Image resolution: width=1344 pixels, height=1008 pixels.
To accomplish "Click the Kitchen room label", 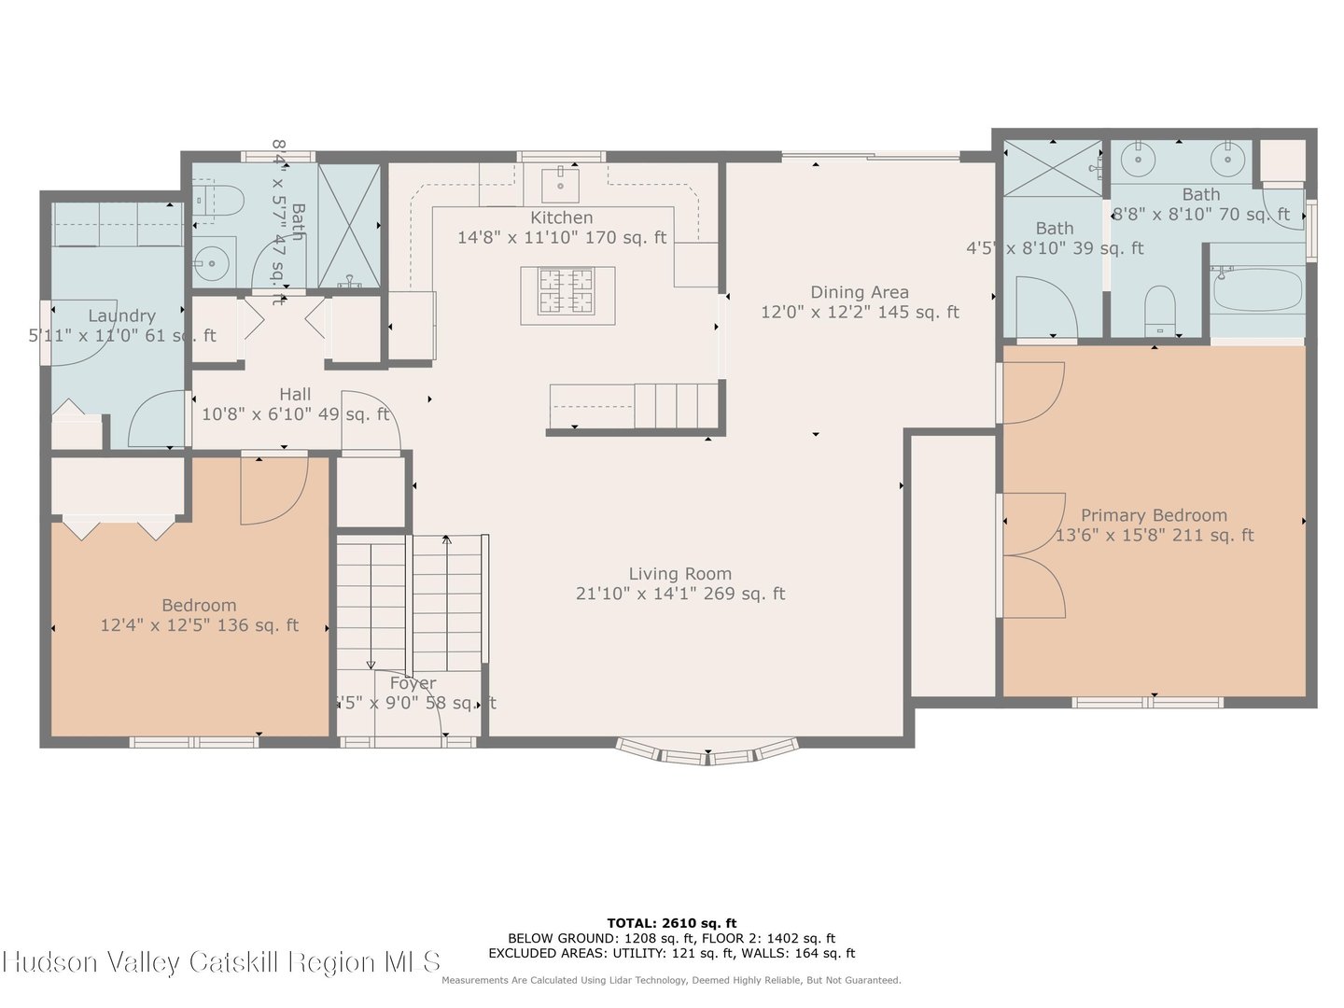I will (x=561, y=217).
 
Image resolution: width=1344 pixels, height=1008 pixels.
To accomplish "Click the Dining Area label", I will (x=859, y=292).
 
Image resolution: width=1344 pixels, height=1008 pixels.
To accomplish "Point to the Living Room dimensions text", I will (x=679, y=594).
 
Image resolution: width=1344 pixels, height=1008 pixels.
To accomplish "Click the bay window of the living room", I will (x=707, y=751).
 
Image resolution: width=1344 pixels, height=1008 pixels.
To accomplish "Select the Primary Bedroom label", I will (x=1154, y=515).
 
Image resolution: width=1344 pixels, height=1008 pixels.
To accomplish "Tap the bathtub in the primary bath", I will (x=1257, y=289).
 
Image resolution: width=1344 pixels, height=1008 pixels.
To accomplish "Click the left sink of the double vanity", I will (x=1140, y=160).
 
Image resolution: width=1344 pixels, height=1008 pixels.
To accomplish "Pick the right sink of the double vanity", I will (x=1227, y=160).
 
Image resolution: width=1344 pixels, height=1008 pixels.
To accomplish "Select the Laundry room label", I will (x=121, y=315).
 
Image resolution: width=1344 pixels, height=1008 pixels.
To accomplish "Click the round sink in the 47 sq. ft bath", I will (x=214, y=264).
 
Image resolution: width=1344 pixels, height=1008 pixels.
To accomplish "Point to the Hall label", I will (x=295, y=394).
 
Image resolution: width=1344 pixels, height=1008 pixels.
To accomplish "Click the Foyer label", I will (x=413, y=683).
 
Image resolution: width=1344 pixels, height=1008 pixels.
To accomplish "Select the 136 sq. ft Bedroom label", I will (x=199, y=605).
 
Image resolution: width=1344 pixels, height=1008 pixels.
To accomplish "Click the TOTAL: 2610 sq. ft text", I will (x=671, y=923).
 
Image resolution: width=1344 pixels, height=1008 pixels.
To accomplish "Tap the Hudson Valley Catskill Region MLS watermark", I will (x=221, y=962).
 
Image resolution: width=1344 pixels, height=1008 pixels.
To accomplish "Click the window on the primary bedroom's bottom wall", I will (x=1147, y=702).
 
